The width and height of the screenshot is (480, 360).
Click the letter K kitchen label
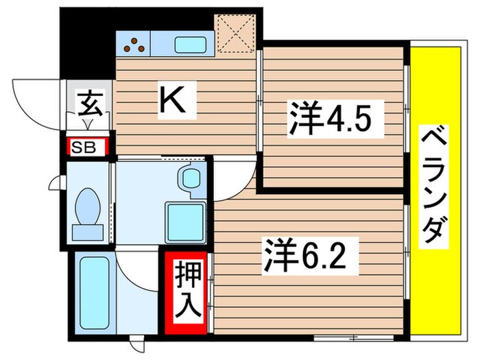(172, 101)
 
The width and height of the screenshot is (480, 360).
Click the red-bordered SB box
(86, 147)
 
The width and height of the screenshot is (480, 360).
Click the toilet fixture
(87, 209)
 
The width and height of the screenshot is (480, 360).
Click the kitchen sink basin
(188, 46)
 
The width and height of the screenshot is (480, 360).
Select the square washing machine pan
(187, 220)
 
